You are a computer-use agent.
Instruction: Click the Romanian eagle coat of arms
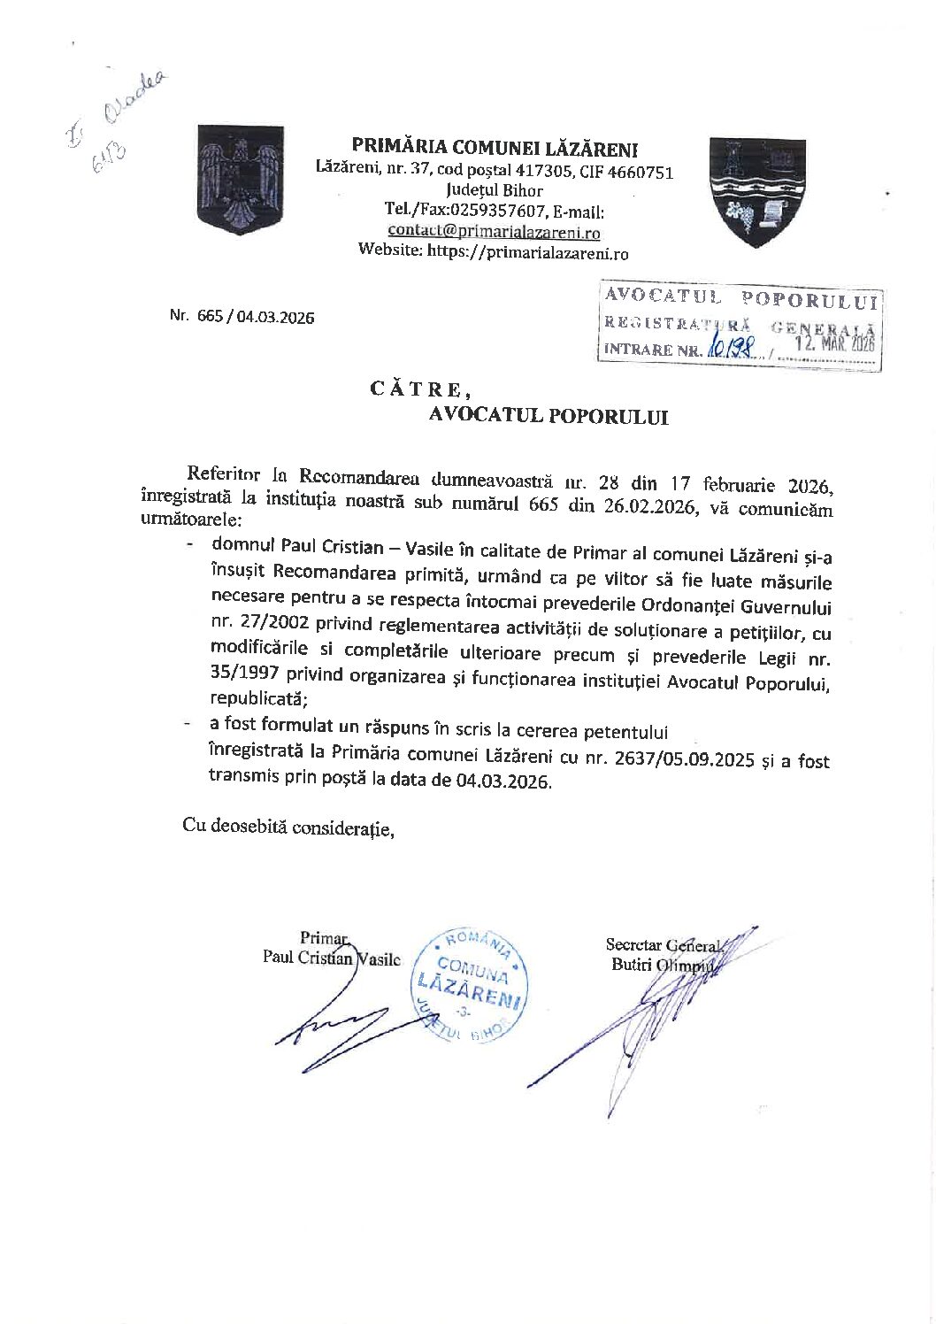point(240,180)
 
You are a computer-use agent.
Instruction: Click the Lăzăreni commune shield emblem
point(756,190)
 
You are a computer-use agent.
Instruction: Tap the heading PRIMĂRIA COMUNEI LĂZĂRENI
point(495,148)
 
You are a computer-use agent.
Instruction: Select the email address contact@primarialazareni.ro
point(494,232)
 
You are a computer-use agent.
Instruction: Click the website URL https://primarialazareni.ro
point(527,252)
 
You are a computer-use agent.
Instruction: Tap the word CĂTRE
point(415,389)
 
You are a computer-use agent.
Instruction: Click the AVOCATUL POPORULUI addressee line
point(549,416)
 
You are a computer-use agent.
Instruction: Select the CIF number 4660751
point(640,172)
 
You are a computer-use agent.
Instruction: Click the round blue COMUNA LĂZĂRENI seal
point(470,985)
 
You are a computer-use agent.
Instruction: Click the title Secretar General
point(664,945)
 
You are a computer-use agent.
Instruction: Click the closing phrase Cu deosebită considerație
point(288,827)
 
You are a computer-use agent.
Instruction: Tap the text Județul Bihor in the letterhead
point(495,190)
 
